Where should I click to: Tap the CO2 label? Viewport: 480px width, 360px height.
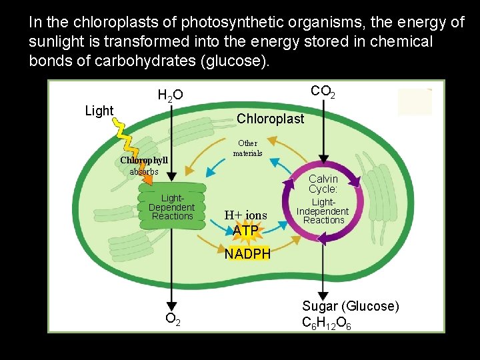[323, 91]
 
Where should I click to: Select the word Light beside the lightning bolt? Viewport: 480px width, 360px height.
[99, 111]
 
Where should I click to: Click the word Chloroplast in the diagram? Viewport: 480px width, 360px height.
[270, 119]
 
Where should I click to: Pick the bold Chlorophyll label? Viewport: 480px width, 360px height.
[144, 161]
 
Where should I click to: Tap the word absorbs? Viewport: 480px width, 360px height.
[144, 171]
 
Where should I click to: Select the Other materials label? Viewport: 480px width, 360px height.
[247, 148]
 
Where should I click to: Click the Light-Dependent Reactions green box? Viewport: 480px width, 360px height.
[171, 207]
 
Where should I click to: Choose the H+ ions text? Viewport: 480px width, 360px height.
[245, 215]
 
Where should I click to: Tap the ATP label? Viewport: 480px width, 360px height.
[245, 231]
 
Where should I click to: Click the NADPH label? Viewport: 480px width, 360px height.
[247, 254]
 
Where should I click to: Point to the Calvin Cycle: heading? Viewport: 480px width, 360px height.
[323, 184]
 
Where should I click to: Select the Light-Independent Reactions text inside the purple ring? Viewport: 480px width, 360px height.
[323, 211]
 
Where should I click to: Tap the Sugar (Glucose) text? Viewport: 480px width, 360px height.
[351, 307]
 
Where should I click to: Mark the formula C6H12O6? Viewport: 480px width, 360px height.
[327, 323]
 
